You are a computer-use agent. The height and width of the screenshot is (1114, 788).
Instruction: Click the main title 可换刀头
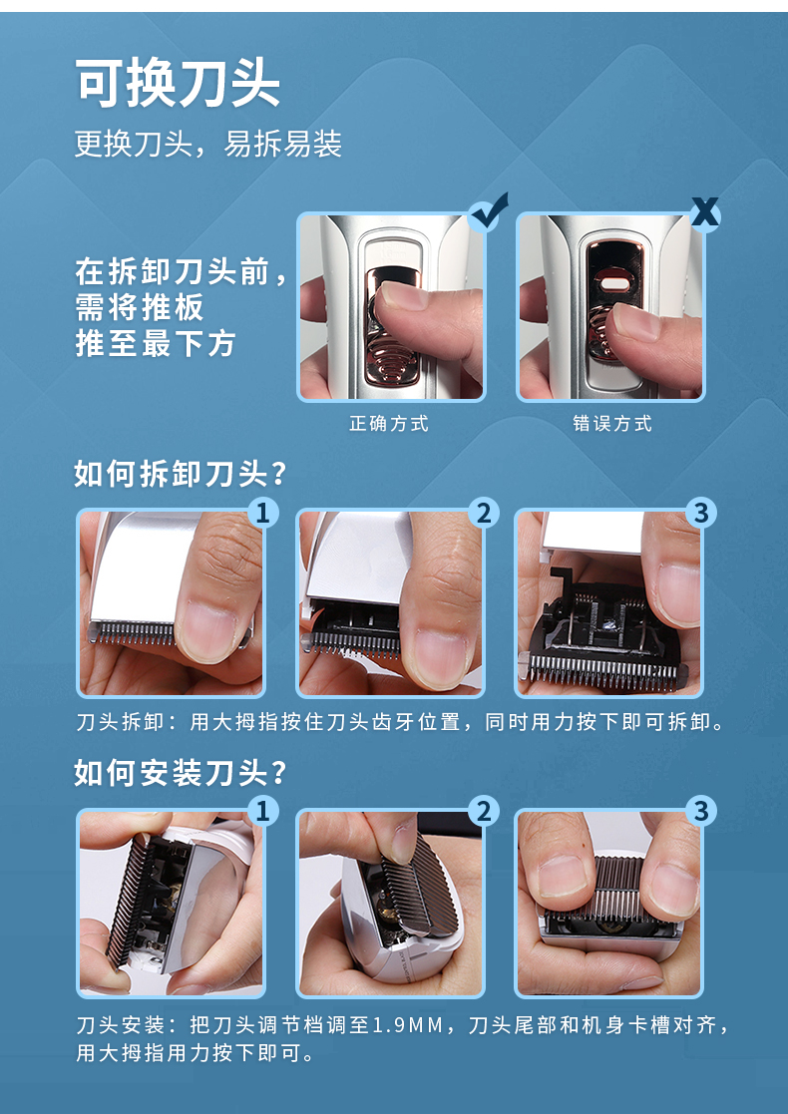(x=178, y=84)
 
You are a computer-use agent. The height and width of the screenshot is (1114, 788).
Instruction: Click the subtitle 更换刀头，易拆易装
(x=208, y=145)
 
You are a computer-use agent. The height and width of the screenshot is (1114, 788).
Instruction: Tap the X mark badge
(x=705, y=212)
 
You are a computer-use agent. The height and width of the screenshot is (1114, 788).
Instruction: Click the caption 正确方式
(x=389, y=424)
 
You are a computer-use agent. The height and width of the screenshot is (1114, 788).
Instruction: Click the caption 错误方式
(x=612, y=424)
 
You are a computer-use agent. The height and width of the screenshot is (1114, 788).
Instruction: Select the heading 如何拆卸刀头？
(x=181, y=474)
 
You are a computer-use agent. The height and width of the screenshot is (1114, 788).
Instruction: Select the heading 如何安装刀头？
(x=181, y=773)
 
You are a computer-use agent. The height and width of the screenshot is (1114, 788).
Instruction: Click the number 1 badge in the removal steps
(x=263, y=513)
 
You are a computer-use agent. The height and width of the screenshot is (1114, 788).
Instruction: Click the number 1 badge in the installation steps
(x=263, y=812)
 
